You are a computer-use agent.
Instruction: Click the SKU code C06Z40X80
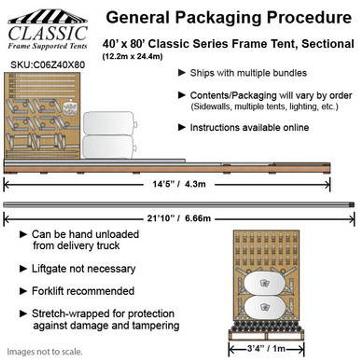click(48, 65)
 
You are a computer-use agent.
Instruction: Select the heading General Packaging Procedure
click(228, 17)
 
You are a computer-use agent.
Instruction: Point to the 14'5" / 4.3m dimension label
click(179, 184)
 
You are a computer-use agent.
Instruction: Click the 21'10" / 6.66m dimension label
click(179, 218)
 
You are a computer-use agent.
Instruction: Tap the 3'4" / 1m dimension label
click(266, 349)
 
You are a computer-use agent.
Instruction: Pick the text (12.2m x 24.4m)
click(132, 57)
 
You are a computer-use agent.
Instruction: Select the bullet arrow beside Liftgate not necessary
click(23, 269)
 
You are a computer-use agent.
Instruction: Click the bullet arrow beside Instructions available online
click(182, 127)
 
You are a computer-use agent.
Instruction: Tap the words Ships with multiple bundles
click(248, 73)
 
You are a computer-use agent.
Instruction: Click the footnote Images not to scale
click(45, 352)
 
